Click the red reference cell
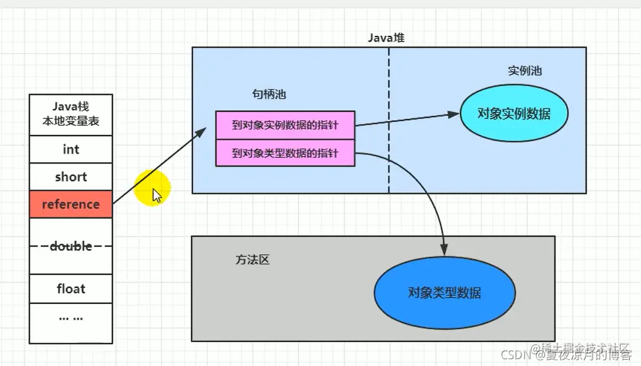(x=71, y=204)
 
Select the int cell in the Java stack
(x=71, y=150)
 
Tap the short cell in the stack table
(x=71, y=177)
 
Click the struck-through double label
(x=71, y=246)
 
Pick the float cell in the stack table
(x=71, y=289)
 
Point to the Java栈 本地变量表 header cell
(x=71, y=115)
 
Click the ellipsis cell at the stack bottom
(x=71, y=318)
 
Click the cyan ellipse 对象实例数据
(x=514, y=113)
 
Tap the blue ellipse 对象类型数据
(x=445, y=293)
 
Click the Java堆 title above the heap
(x=386, y=38)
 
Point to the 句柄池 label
(x=269, y=95)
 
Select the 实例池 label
(x=525, y=71)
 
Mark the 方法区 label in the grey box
(x=253, y=260)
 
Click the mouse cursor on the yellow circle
(x=157, y=196)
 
